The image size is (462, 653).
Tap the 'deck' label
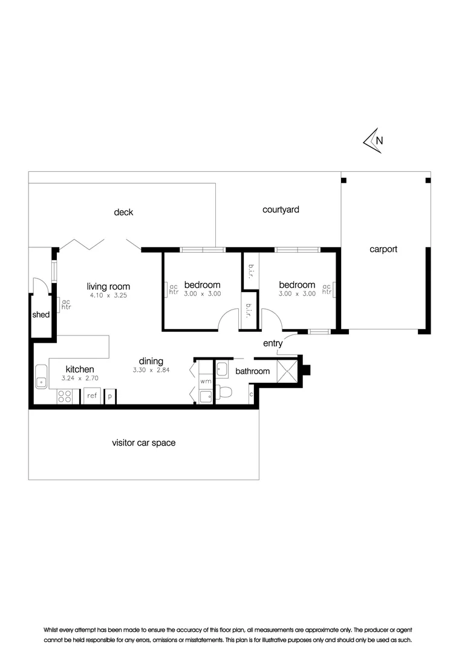tap(123, 212)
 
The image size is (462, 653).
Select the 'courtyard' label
tap(281, 210)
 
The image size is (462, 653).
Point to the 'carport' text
tap(384, 249)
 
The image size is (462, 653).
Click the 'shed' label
tap(41, 315)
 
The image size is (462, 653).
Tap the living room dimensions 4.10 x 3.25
tap(108, 296)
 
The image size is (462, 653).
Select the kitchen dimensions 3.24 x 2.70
tap(80, 378)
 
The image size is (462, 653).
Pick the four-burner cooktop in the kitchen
tap(65, 397)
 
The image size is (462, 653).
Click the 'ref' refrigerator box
tap(92, 396)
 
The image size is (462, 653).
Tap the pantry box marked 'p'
tap(110, 397)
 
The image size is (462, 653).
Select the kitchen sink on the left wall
tap(41, 376)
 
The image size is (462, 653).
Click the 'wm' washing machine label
tap(205, 382)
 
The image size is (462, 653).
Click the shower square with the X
tap(287, 371)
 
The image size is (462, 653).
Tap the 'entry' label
tap(273, 343)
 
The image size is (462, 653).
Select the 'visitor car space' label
tap(143, 443)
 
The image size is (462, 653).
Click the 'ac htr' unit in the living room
tap(66, 304)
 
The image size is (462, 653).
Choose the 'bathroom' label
tap(252, 371)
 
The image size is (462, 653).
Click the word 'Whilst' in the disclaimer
tap(54, 630)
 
